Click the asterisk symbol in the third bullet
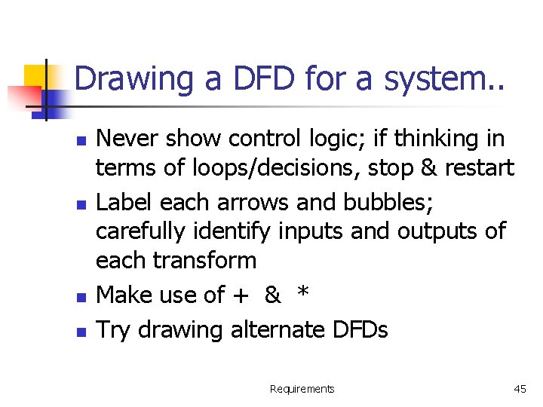302,293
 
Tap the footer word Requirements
302,389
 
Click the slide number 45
520,389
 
